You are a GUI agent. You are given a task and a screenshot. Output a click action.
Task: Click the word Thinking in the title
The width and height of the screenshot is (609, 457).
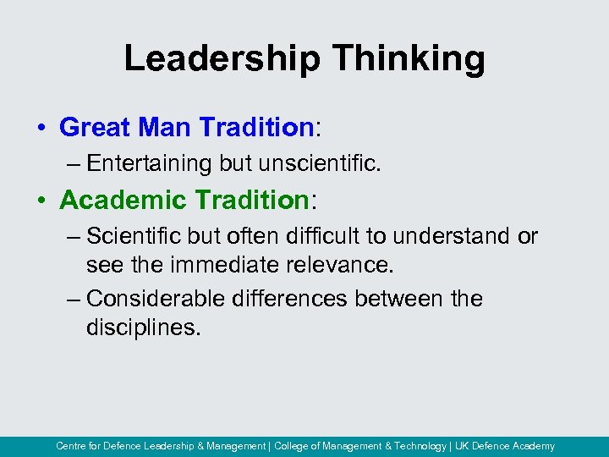409,59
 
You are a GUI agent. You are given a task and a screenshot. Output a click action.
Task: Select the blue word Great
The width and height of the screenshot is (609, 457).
93,128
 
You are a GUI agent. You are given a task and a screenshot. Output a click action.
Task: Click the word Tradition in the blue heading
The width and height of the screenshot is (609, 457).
256,128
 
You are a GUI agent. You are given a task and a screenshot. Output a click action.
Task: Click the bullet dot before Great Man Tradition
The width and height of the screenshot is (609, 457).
41,129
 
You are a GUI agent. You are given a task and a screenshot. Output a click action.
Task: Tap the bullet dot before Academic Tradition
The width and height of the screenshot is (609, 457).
41,201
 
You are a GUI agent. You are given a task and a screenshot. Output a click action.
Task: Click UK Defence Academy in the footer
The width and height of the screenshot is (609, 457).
506,446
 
